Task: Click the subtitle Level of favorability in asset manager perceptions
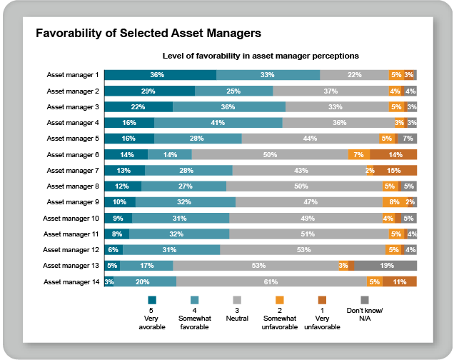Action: click(260, 55)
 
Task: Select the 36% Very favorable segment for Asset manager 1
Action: click(160, 74)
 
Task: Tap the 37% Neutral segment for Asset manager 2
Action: click(330, 91)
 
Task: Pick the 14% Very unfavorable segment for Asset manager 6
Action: click(393, 154)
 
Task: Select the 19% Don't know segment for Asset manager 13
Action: click(386, 266)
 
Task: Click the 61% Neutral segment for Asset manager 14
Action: click(271, 281)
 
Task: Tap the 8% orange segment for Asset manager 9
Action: click(394, 202)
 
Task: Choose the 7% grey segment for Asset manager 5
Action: click(408, 138)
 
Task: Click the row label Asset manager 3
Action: click(73, 106)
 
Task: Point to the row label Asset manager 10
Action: click(71, 218)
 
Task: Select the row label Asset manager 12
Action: click(71, 249)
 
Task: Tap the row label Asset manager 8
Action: click(73, 186)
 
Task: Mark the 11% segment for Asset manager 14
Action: click(400, 281)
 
